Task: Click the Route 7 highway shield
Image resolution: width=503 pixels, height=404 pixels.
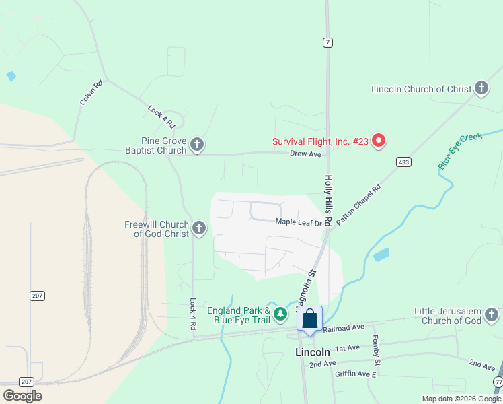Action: (327, 42)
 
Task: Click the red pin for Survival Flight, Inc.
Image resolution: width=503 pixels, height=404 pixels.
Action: (379, 141)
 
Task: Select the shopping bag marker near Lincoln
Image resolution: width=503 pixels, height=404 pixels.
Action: (309, 318)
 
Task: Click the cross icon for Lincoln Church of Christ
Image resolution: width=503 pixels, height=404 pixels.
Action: (481, 88)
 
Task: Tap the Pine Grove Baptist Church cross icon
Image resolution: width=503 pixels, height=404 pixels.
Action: (197, 145)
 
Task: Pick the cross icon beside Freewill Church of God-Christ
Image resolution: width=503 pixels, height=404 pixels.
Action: (198, 228)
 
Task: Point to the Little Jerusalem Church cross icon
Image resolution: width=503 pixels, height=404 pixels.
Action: (492, 314)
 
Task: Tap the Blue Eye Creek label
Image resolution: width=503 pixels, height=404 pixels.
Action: (460, 151)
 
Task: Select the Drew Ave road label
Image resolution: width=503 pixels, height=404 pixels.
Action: (305, 154)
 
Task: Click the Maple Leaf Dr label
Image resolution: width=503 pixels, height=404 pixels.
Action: (299, 222)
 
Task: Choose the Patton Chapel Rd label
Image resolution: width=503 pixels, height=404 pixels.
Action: (358, 204)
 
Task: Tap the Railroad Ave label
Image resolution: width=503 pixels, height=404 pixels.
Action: (343, 327)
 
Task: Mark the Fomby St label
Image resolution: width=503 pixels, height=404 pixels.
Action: (377, 351)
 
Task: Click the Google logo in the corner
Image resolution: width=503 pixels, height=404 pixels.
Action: (22, 395)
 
